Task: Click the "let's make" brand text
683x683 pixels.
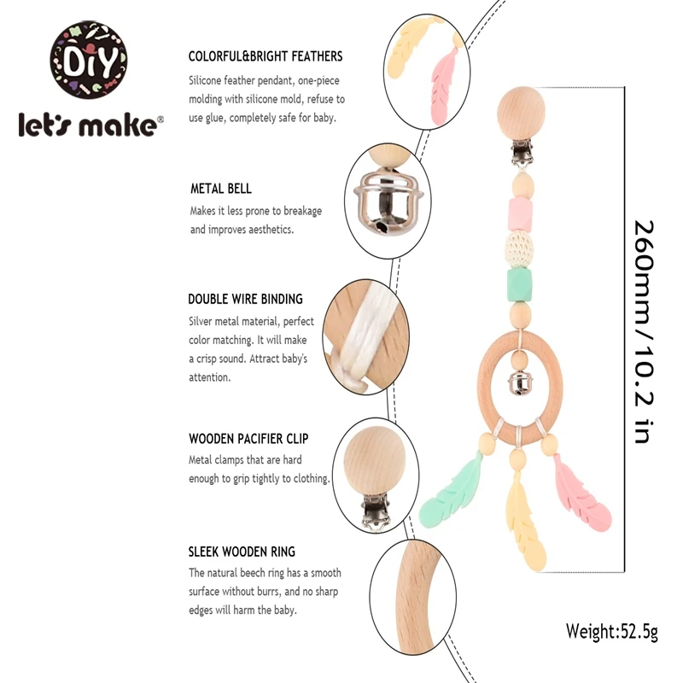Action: coord(90,124)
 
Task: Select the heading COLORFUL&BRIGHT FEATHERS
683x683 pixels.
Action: coord(266,56)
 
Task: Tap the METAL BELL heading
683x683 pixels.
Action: coord(220,189)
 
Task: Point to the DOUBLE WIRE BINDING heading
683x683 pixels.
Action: coord(245,300)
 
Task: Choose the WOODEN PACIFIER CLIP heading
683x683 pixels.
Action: coord(248,439)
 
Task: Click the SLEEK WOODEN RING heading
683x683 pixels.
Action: coord(242,552)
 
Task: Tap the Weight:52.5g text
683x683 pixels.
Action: coord(612,632)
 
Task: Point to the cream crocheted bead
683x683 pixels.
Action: coord(519,248)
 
